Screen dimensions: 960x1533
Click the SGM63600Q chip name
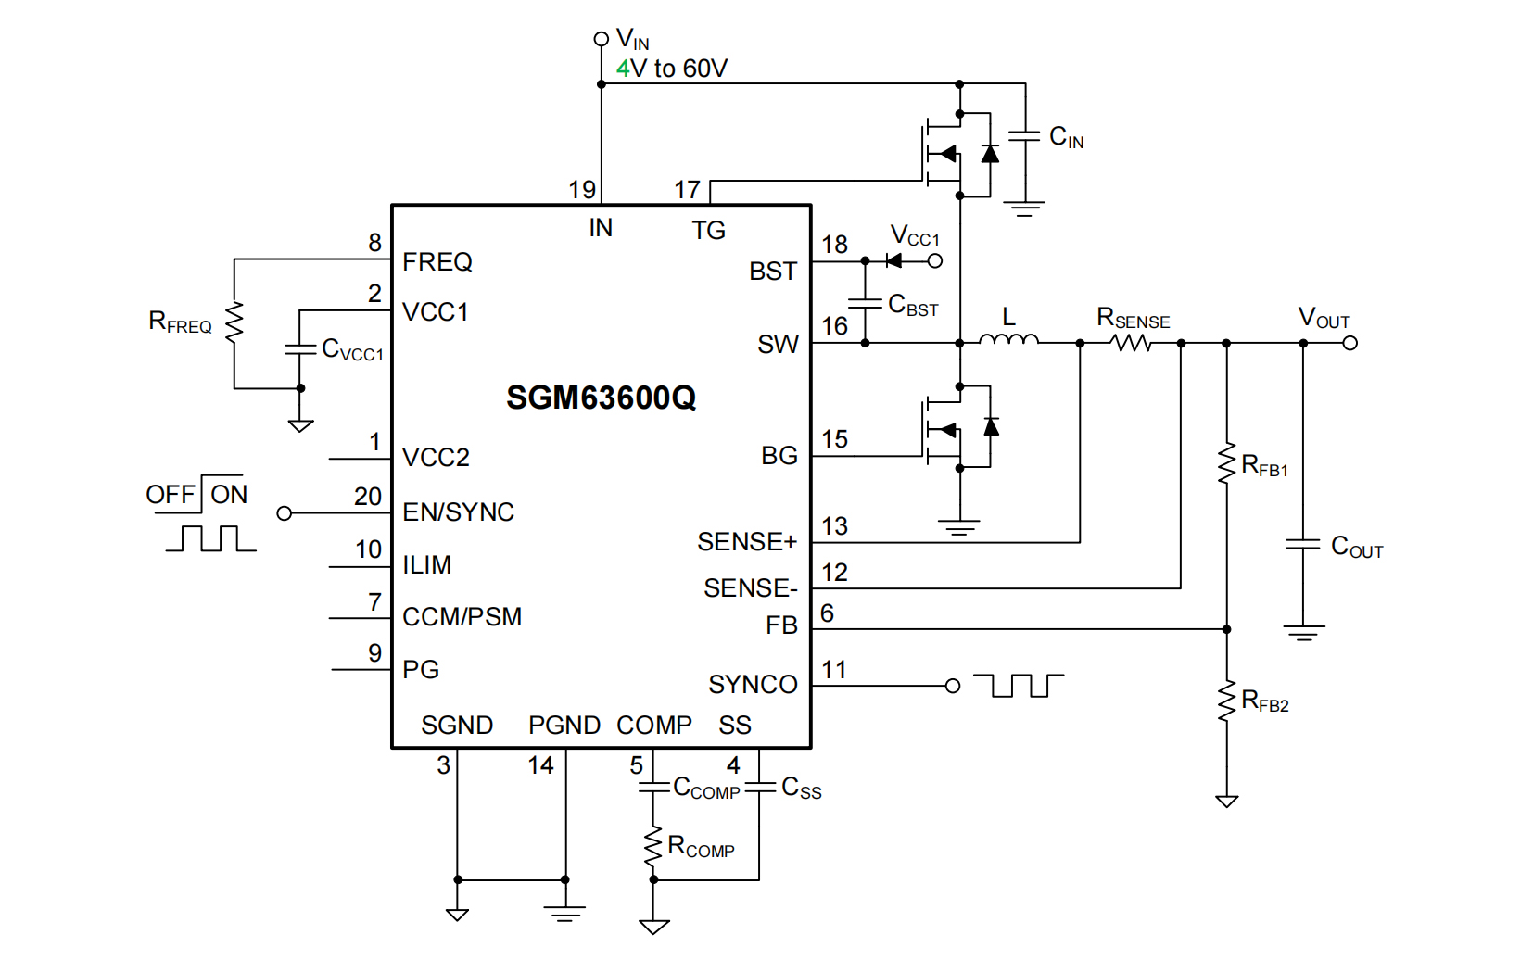pyautogui.click(x=601, y=398)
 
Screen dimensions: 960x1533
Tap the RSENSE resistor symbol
pyautogui.click(x=1132, y=343)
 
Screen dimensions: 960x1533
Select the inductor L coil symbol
pyautogui.click(x=1008, y=341)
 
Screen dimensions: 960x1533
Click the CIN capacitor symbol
pyautogui.click(x=1024, y=136)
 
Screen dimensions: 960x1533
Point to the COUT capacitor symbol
pyautogui.click(x=1303, y=544)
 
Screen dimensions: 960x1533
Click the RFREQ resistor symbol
pyautogui.click(x=234, y=322)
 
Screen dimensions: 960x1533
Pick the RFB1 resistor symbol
pyautogui.click(x=1227, y=462)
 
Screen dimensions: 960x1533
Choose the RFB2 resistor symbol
pyautogui.click(x=1227, y=700)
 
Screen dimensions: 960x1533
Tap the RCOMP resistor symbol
pyautogui.click(x=653, y=847)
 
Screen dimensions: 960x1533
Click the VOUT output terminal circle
pyautogui.click(x=1350, y=343)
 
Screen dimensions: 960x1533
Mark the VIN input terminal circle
pyautogui.click(x=601, y=39)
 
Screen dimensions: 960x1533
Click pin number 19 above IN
pyautogui.click(x=582, y=190)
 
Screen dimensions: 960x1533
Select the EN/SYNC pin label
pyautogui.click(x=458, y=512)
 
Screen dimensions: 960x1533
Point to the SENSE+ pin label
pyautogui.click(x=746, y=542)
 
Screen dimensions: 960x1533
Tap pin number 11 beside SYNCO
pyautogui.click(x=834, y=670)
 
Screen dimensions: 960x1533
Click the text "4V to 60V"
pyautogui.click(x=672, y=69)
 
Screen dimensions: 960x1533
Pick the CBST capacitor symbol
pyautogui.click(x=865, y=303)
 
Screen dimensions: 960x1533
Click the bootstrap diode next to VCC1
pyautogui.click(x=894, y=260)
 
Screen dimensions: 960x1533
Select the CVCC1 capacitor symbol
pyautogui.click(x=300, y=349)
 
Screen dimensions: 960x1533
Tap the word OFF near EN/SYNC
pyautogui.click(x=171, y=495)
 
